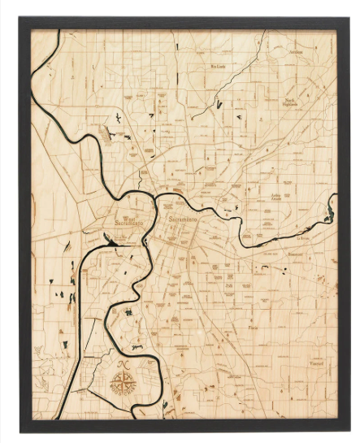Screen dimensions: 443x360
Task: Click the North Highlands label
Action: [x=290, y=102]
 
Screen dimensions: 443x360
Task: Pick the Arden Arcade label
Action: [x=279, y=198]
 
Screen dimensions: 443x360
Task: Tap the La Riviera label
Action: [x=304, y=238]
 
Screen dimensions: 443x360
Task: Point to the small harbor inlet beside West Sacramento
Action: [x=108, y=239]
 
